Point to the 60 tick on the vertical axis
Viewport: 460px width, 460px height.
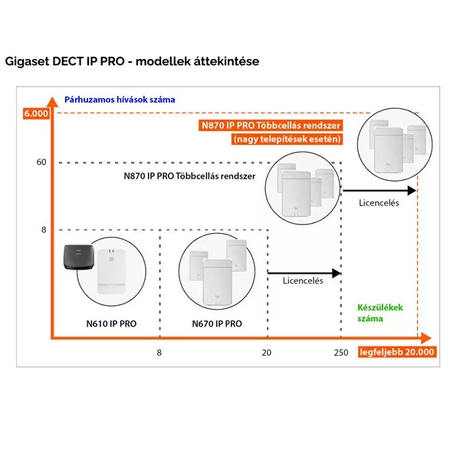[x=41, y=162]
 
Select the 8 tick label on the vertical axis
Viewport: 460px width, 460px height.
[x=44, y=229]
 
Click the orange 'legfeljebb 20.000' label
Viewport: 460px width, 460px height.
[x=396, y=352]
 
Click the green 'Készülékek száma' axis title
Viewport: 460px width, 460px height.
[x=380, y=312]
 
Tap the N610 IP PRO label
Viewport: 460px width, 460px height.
[x=112, y=324]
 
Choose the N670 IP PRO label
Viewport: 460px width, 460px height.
[x=217, y=324]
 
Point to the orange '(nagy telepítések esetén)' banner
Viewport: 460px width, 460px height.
[x=287, y=139]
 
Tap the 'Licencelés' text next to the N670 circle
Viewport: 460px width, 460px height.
[x=303, y=281]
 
